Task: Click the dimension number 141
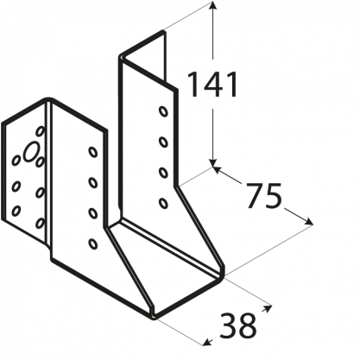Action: point(212,85)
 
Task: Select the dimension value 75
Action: point(263,196)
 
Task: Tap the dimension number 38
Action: point(237,326)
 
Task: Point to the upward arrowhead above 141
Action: point(212,6)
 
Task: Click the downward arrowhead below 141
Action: point(212,162)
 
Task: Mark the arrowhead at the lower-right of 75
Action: point(309,222)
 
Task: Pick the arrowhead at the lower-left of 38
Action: point(207,342)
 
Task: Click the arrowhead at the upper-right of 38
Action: point(268,308)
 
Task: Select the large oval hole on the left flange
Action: point(31,152)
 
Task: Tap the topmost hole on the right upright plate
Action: point(163,111)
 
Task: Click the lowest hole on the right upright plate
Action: point(163,203)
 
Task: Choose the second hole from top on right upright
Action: point(163,142)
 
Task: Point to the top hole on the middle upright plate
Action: point(92,152)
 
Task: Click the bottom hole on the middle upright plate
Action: point(92,243)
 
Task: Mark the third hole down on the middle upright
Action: point(92,213)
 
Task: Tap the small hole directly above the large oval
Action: point(41,131)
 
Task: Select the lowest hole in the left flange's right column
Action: point(41,224)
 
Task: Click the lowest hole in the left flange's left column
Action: point(16,211)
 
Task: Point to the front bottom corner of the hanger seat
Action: point(154,318)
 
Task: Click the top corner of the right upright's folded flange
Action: point(164,31)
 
